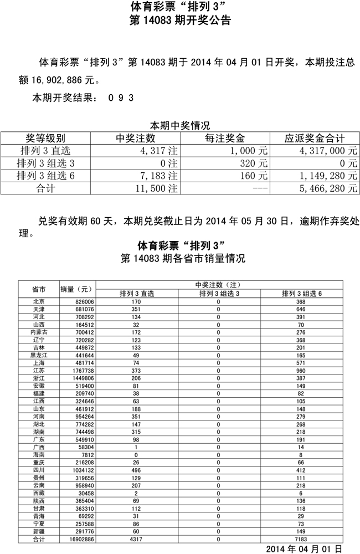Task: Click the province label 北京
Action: click(x=39, y=301)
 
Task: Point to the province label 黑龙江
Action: click(x=39, y=355)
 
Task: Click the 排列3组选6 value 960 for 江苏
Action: click(x=301, y=370)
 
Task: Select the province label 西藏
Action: click(x=39, y=493)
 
